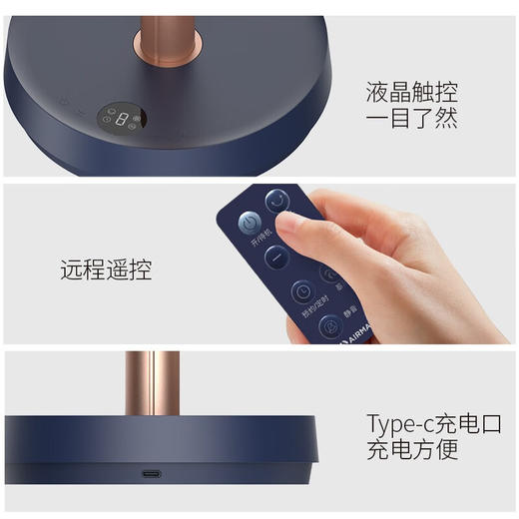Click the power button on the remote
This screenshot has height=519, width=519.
248,224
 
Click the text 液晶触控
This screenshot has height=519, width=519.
412,93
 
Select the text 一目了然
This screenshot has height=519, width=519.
412,120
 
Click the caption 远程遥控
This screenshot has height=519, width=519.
107,269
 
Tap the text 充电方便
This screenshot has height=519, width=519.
412,450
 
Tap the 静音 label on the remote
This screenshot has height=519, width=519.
347,317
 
